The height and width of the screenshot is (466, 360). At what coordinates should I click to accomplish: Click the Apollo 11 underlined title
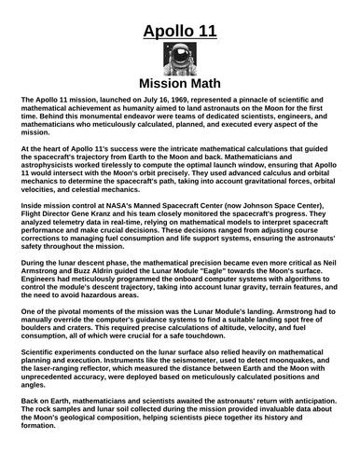pos(180,34)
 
